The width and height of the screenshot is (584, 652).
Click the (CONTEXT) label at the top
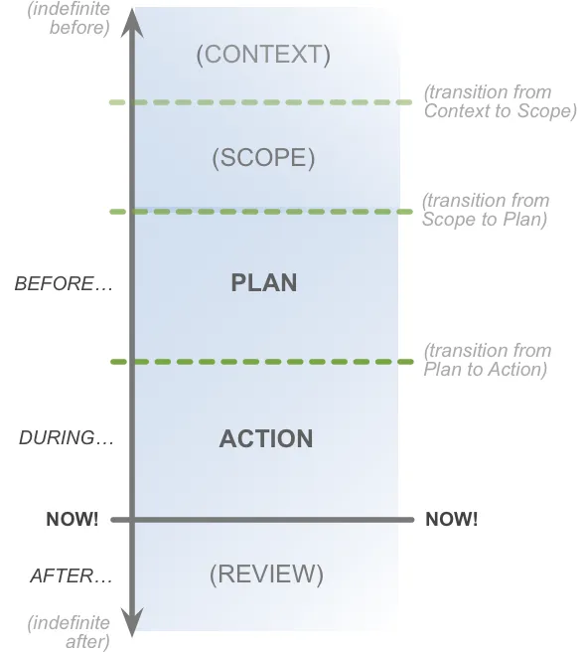[x=263, y=55]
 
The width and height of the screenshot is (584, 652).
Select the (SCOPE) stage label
[x=263, y=158]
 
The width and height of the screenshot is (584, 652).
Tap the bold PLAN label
[x=264, y=282]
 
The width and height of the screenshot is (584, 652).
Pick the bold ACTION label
[x=266, y=438]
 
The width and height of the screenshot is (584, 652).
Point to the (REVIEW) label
[x=266, y=574]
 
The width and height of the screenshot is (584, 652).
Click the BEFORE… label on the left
[x=64, y=284]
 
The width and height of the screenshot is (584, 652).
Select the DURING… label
[x=67, y=438]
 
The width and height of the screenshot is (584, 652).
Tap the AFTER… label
[x=72, y=576]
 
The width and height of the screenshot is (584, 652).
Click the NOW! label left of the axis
[x=73, y=519]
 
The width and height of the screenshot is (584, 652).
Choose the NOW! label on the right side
[x=451, y=519]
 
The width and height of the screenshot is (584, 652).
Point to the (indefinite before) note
[x=69, y=18]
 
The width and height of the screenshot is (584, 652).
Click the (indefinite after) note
[x=69, y=632]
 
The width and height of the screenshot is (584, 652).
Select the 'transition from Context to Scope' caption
[x=500, y=101]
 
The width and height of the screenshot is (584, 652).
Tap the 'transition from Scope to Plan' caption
[x=486, y=210]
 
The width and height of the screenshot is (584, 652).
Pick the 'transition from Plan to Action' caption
[x=487, y=360]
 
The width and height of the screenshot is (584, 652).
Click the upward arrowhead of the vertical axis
[x=132, y=23]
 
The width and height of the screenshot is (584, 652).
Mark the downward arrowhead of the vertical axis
[x=132, y=622]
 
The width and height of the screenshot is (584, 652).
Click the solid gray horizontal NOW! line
[x=262, y=520]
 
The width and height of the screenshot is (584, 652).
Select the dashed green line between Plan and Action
[x=262, y=362]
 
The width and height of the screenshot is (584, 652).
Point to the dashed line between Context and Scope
[x=260, y=102]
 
